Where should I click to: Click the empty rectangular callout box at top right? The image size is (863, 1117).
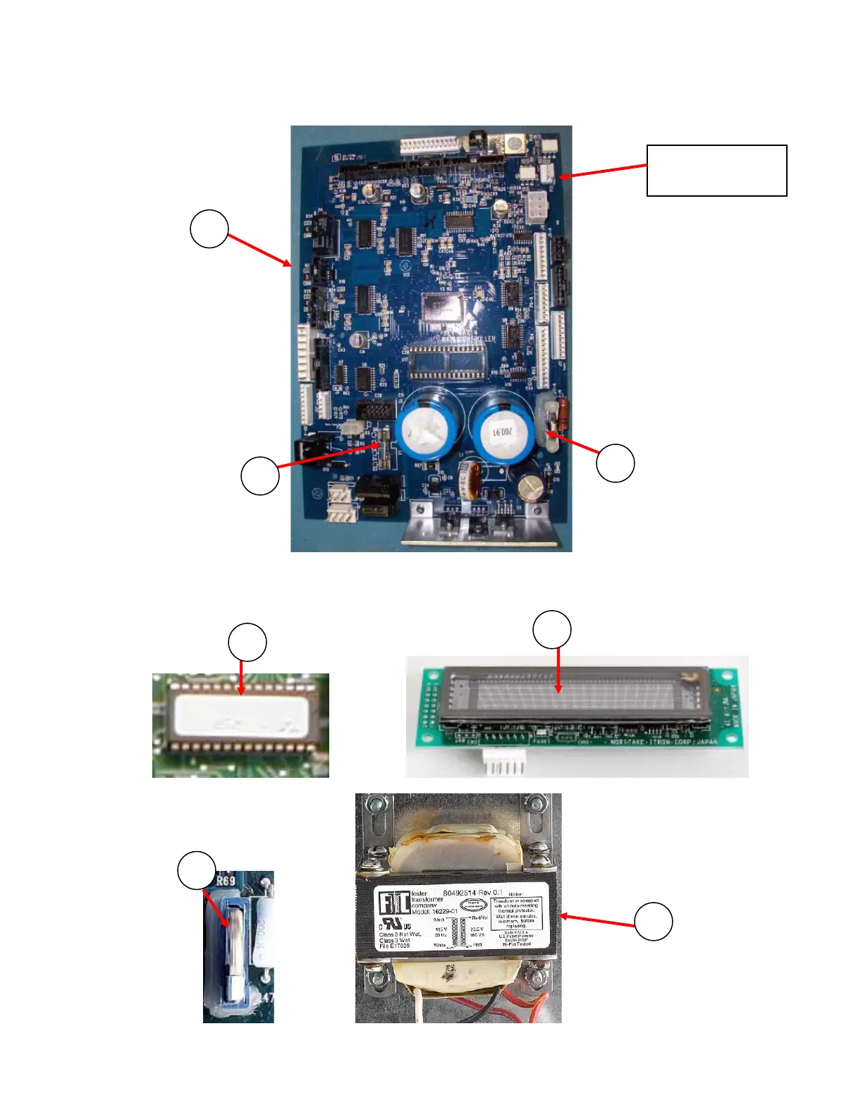tap(716, 171)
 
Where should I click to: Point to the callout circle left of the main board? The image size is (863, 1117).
tap(209, 228)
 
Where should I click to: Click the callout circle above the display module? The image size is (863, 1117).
tap(552, 630)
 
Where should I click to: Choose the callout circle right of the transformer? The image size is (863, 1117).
tap(654, 922)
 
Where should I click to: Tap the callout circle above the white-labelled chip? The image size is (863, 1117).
tap(247, 642)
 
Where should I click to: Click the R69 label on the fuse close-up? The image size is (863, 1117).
tap(226, 881)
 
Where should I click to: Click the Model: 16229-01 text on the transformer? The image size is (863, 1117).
tap(434, 911)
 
